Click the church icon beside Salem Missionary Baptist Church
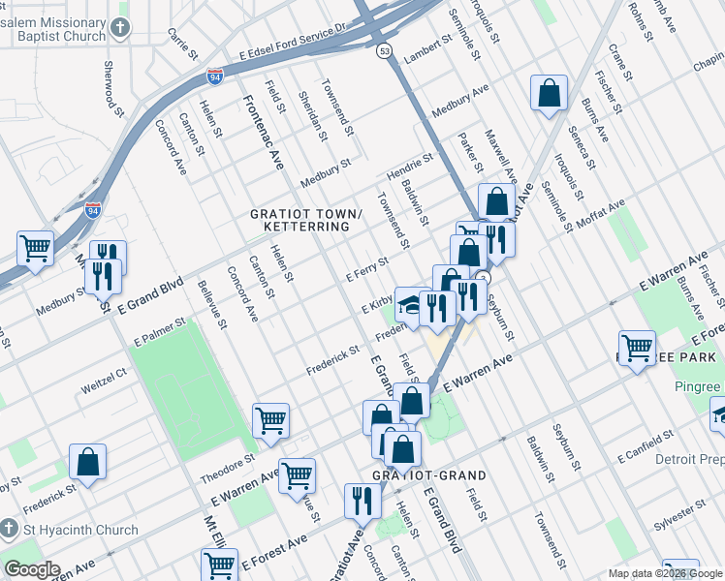[119, 27]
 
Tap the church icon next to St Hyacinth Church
[10, 529]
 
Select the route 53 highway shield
[385, 50]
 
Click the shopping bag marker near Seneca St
[549, 95]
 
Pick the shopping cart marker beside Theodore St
[270, 420]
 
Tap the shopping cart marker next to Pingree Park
[637, 349]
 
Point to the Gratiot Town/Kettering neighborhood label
[299, 220]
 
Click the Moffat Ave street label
[601, 213]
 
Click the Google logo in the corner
[32, 569]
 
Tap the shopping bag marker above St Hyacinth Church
[87, 462]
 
